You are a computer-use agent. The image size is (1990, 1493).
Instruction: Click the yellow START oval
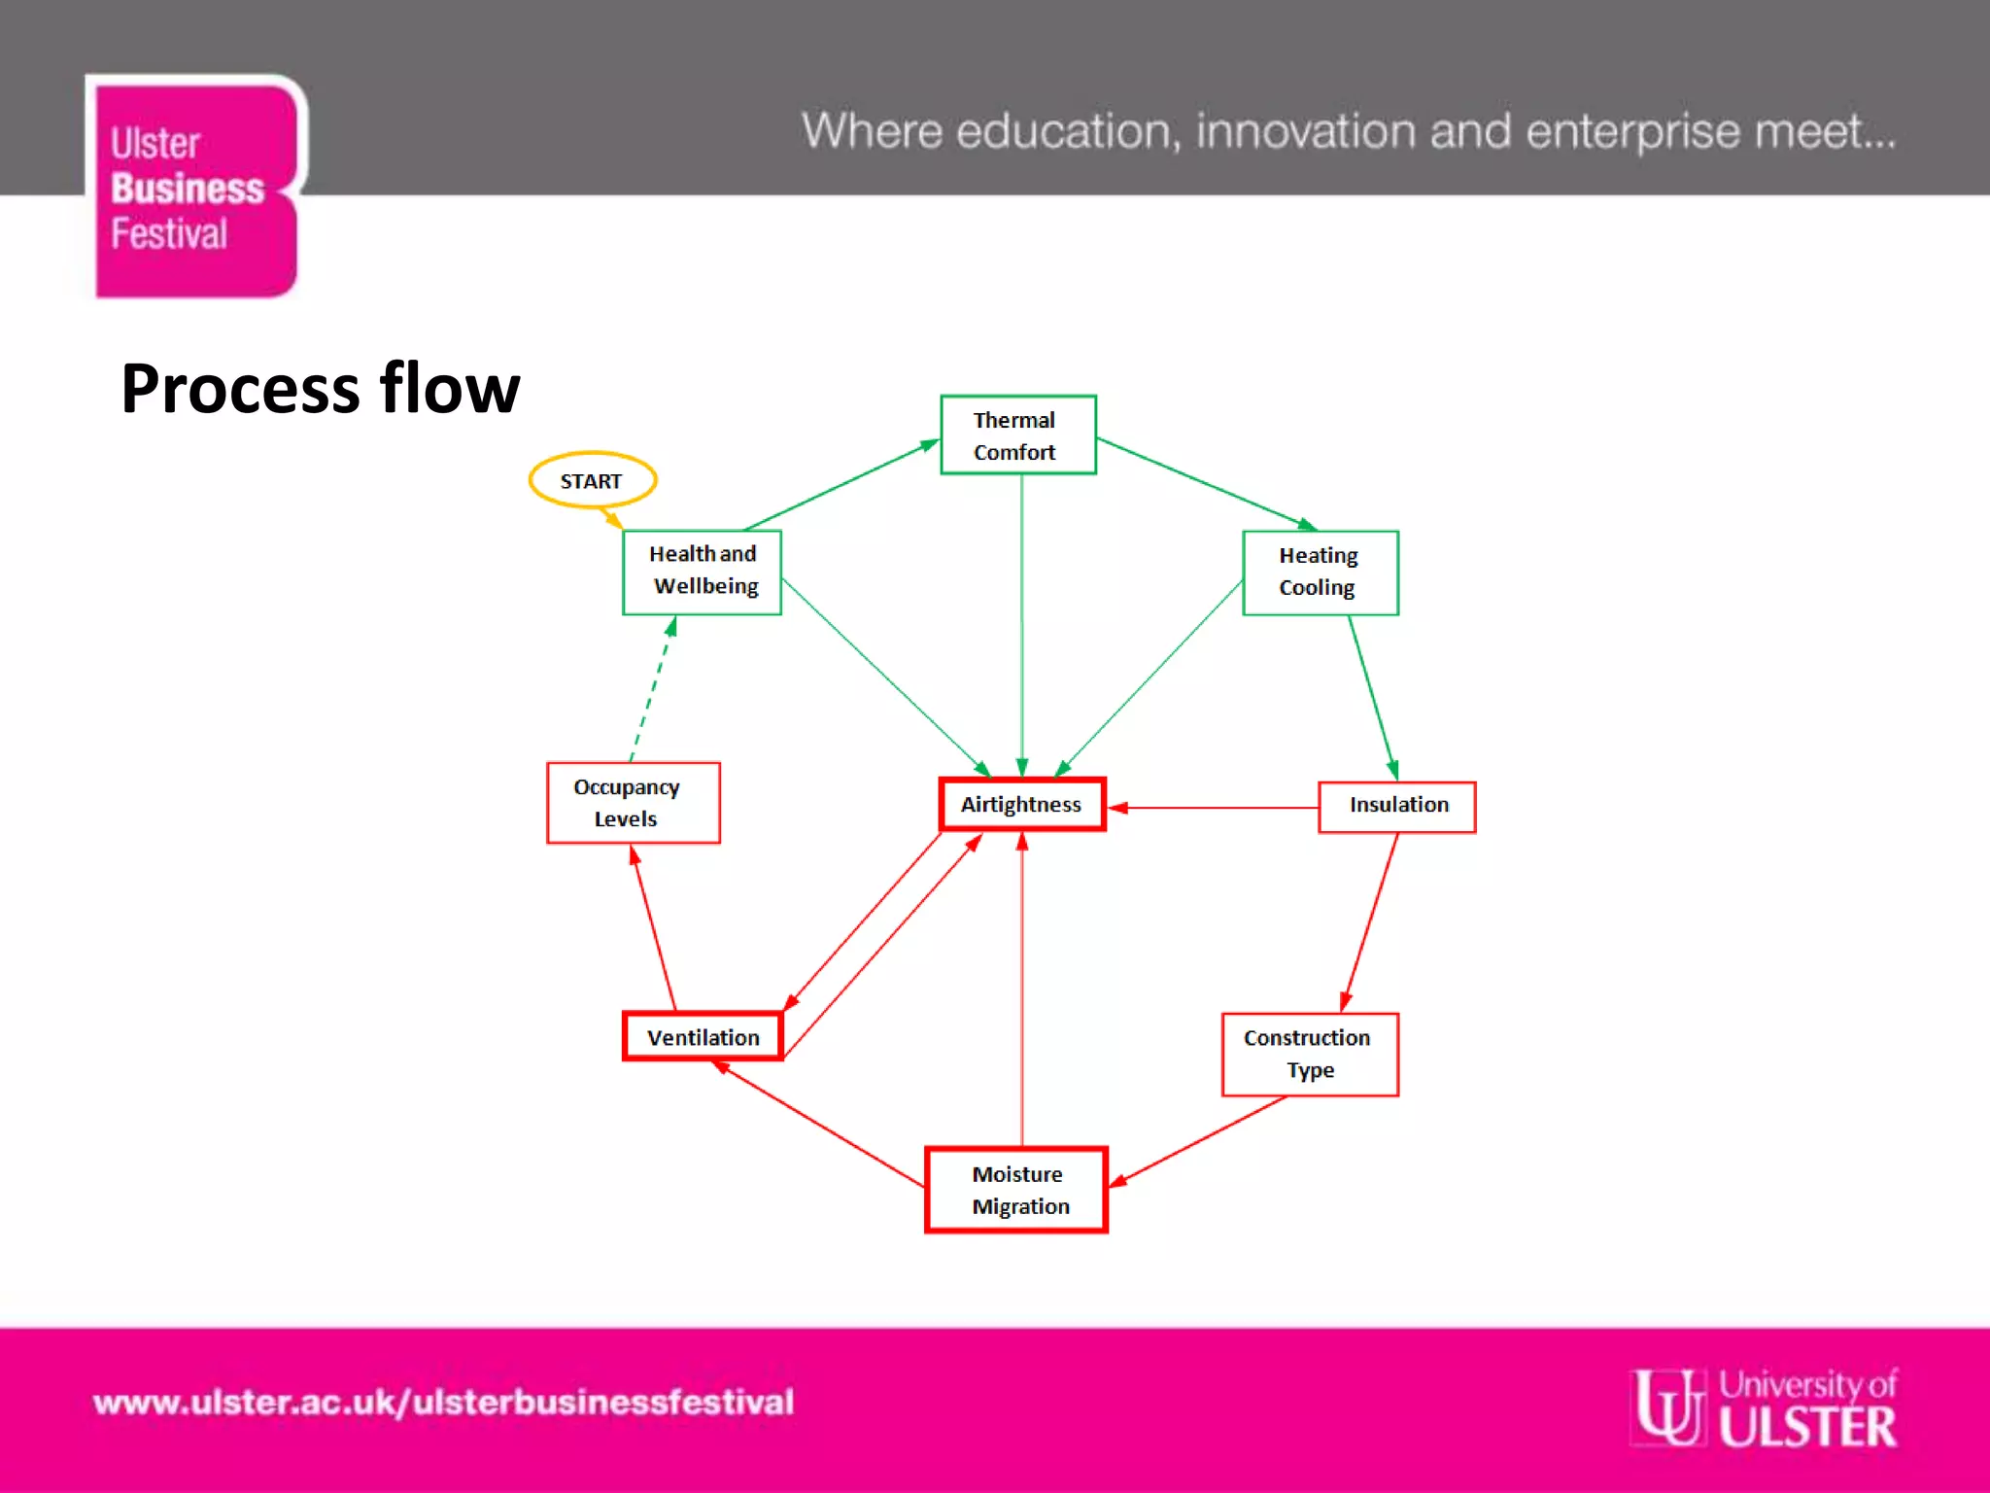(x=592, y=480)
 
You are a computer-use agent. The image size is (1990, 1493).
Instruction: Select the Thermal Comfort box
(x=1017, y=435)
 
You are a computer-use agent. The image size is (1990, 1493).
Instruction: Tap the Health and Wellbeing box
(x=702, y=572)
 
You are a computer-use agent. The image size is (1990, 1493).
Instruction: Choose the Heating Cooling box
(x=1320, y=573)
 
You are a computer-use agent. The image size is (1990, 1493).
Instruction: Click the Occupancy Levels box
(x=633, y=803)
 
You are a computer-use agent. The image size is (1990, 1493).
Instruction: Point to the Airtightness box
(x=1021, y=805)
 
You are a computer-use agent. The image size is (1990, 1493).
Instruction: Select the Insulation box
(x=1396, y=807)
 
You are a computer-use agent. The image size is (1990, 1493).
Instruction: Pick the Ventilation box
(x=703, y=1037)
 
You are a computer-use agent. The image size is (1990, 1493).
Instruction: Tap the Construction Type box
(x=1309, y=1055)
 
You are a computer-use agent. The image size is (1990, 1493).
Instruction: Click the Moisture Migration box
(x=1016, y=1190)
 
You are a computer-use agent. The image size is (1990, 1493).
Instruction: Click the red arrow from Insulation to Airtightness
(x=1215, y=808)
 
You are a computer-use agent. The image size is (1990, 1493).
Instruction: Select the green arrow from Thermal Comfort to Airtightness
(x=1021, y=622)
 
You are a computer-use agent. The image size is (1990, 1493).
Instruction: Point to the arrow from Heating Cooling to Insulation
(x=1372, y=698)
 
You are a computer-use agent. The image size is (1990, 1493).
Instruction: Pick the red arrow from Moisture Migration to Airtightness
(x=1021, y=991)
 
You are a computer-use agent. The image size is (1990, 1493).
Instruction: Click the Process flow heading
(x=320, y=389)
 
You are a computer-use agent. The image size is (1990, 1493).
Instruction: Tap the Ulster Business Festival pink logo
(x=195, y=188)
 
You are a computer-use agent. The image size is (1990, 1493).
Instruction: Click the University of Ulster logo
(x=1765, y=1407)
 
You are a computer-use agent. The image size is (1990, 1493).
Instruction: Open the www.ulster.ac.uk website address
(x=443, y=1403)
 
